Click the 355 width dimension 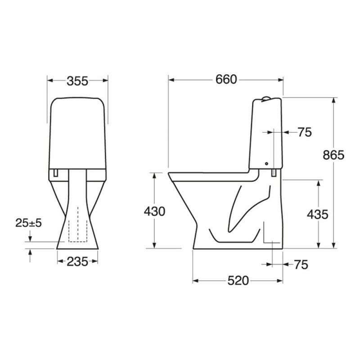pyautogui.click(x=77, y=81)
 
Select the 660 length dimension pyautogui.click(x=226, y=80)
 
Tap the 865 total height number pyautogui.click(x=333, y=155)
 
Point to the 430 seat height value pyautogui.click(x=154, y=211)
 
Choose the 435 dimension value pyautogui.click(x=318, y=215)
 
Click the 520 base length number pyautogui.click(x=238, y=280)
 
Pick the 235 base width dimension pyautogui.click(x=77, y=261)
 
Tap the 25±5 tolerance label pyautogui.click(x=29, y=223)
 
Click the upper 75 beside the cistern pyautogui.click(x=305, y=132)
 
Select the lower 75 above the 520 pyautogui.click(x=301, y=265)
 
